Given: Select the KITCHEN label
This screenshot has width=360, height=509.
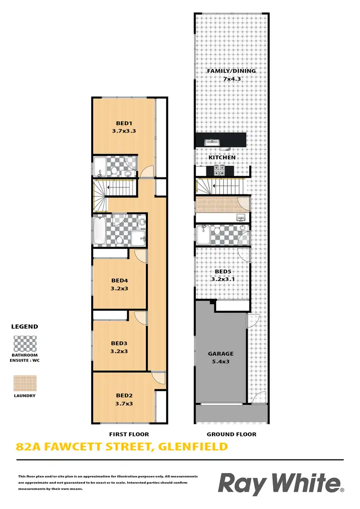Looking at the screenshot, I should (222, 157).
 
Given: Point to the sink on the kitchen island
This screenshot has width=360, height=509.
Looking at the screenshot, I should (212, 142).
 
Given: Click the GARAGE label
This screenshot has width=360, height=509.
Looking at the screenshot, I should (220, 354).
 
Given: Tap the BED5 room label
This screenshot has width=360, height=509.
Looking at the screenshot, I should (222, 271).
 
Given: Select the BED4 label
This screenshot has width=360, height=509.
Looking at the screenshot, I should (120, 281).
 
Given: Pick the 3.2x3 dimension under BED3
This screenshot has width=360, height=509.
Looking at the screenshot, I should (120, 351).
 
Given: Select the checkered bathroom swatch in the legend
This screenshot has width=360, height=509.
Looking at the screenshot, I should (24, 344).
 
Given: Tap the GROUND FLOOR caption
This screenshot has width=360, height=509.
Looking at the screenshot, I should (231, 434).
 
